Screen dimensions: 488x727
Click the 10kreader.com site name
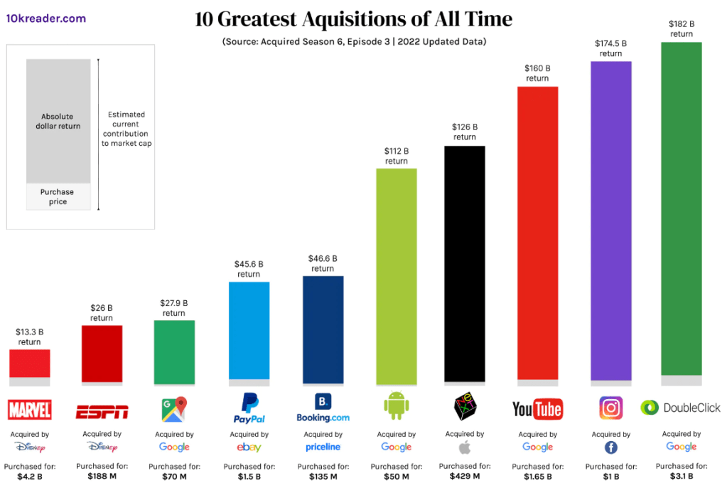46,18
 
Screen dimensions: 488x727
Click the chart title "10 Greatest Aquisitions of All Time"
353,18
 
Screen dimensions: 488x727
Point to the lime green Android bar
396,273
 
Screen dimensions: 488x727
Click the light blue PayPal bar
249,330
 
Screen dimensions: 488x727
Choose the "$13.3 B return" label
30,336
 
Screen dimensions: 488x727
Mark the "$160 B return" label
537,73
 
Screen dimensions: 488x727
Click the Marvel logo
29,410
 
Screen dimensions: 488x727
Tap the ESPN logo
102,411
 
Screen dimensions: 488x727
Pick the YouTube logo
537,408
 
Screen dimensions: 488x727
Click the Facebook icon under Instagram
610,447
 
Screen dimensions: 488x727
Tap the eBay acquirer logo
249,447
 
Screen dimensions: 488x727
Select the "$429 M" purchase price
464,476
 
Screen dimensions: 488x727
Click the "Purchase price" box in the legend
58,197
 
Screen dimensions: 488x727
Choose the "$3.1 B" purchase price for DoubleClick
681,476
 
